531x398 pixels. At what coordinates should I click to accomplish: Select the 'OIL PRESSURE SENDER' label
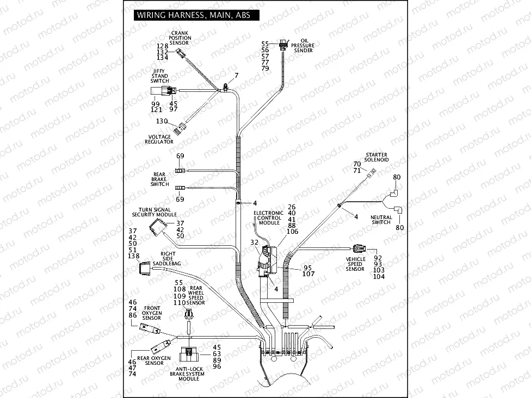pyautogui.click(x=303, y=46)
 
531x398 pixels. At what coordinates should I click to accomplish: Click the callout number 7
pyautogui.click(x=236, y=74)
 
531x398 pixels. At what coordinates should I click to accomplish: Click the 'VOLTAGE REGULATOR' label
pyautogui.click(x=159, y=139)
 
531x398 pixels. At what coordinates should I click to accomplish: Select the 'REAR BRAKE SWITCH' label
pyautogui.click(x=159, y=179)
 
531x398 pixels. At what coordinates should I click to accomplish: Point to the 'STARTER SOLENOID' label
pyautogui.click(x=376, y=158)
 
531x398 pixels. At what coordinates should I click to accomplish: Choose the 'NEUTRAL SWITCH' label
pyautogui.click(x=381, y=220)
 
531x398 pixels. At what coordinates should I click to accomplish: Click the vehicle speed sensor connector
pyautogui.click(x=359, y=249)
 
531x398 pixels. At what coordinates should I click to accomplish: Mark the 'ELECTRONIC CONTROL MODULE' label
pyautogui.click(x=269, y=218)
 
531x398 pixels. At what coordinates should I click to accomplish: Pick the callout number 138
pyautogui.click(x=133, y=256)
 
